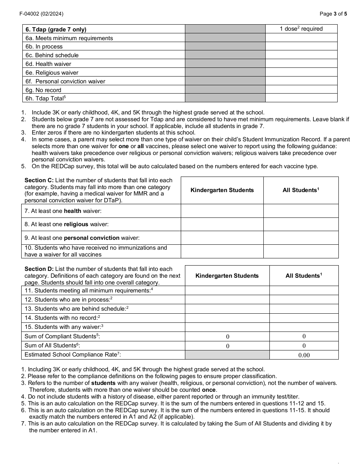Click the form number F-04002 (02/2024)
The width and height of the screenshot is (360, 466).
[x=41, y=14]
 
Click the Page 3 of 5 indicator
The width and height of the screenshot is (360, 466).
[x=333, y=14]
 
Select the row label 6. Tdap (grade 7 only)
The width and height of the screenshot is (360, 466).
[x=56, y=29]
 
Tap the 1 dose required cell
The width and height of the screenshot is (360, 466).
[x=301, y=29]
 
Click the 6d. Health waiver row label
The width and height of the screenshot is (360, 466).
[x=48, y=64]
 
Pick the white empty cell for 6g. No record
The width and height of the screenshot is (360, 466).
[x=301, y=90]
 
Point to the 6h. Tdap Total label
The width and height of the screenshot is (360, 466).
[x=45, y=99]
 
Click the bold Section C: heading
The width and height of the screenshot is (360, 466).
[x=39, y=180]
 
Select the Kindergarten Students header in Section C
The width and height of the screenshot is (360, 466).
[x=222, y=190]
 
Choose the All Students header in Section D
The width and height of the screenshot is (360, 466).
[x=304, y=276]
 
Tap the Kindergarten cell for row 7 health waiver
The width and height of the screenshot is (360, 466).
[x=222, y=211]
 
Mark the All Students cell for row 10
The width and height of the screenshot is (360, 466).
[x=301, y=251]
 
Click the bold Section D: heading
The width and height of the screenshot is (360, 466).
[x=39, y=269]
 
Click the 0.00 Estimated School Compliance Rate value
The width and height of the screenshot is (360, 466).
[x=304, y=355]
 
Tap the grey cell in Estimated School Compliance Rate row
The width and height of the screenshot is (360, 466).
[x=227, y=355]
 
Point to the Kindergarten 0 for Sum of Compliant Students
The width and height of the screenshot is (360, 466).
[x=227, y=336]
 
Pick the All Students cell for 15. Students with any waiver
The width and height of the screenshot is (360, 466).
[x=304, y=327]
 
